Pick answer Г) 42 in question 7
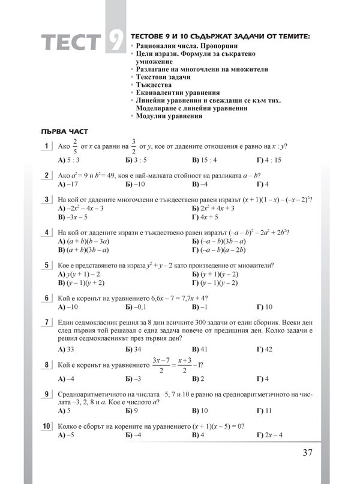coord(265,348)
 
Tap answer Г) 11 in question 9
coord(264,410)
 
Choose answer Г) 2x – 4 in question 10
coord(269,434)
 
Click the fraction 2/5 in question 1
coord(75,146)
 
